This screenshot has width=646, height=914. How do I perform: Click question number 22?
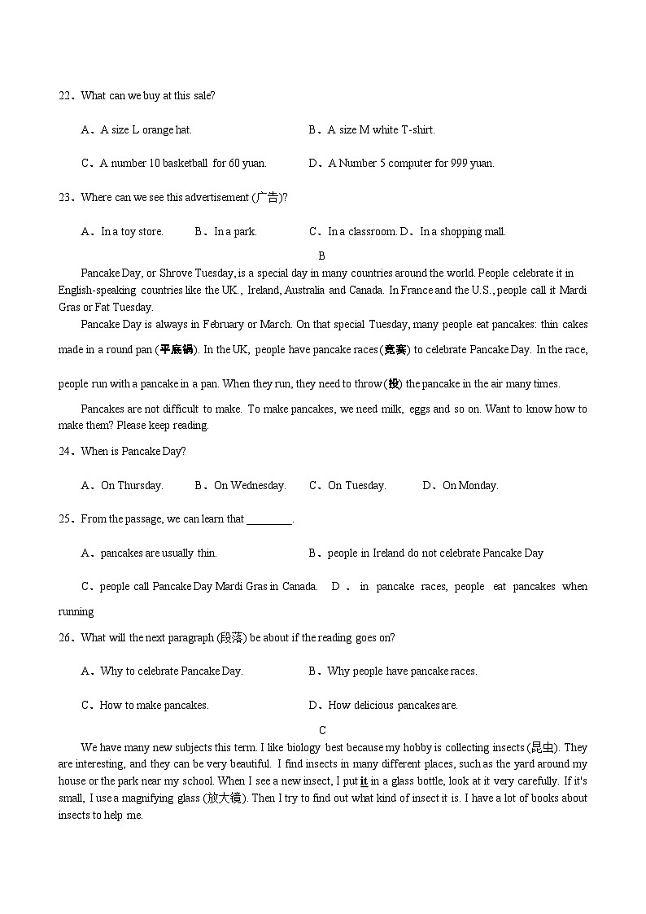pyautogui.click(x=64, y=96)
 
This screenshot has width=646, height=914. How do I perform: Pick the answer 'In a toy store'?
pyautogui.click(x=131, y=232)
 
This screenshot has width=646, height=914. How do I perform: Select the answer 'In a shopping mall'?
pyautogui.click(x=462, y=232)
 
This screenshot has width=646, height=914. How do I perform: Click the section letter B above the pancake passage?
pyautogui.click(x=322, y=256)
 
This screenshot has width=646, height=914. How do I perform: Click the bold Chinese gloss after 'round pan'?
pyautogui.click(x=177, y=350)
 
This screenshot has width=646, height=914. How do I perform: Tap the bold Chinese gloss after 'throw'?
pyautogui.click(x=394, y=384)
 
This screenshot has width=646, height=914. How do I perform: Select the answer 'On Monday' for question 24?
pyautogui.click(x=469, y=486)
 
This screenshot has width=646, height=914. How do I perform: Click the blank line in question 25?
pyautogui.click(x=268, y=520)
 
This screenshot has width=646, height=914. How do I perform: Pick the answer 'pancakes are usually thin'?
pyautogui.click(x=158, y=553)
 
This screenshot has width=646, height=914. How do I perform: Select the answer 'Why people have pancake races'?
pyautogui.click(x=401, y=672)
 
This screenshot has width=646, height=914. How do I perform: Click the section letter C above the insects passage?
pyautogui.click(x=322, y=731)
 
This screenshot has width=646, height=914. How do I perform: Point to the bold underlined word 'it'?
pyautogui.click(x=364, y=781)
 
